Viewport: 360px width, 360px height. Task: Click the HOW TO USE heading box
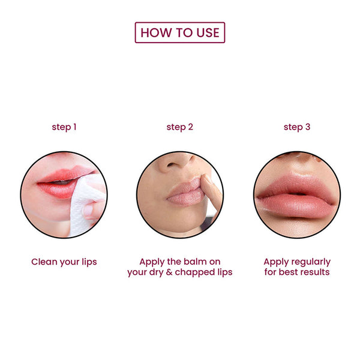[180, 32]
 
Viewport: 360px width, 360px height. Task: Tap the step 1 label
[64, 127]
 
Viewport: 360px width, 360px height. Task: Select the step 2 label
[180, 127]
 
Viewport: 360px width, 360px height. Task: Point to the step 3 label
[297, 127]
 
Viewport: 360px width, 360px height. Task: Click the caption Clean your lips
[64, 262]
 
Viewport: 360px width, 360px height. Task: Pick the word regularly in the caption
[310, 262]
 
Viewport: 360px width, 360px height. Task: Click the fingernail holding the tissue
[88, 210]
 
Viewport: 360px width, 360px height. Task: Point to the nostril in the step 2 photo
[171, 164]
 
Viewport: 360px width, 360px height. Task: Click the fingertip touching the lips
[206, 181]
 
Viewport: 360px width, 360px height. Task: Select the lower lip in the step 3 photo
[296, 206]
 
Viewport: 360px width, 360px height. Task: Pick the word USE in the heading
[208, 32]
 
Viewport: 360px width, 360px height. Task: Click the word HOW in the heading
[156, 32]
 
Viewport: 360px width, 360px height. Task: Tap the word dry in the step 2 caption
[157, 273]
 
